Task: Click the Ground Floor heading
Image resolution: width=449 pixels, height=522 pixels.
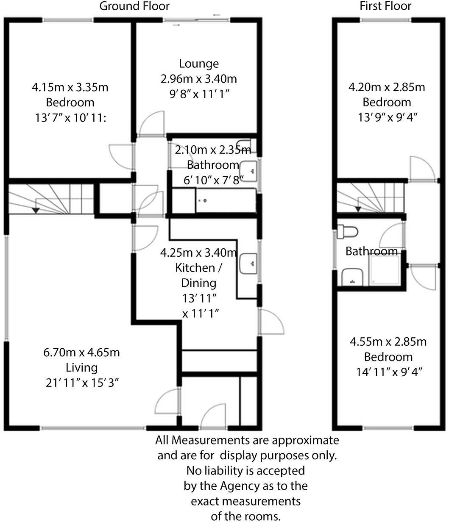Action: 134,6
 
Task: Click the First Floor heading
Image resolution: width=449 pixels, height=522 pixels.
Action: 385,6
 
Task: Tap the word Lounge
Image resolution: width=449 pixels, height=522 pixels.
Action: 199,64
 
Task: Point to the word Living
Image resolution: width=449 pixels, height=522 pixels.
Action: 81,367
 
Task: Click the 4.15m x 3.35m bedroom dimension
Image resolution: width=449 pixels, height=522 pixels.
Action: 70,88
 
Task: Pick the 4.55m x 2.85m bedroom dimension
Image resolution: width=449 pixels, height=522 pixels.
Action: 388,342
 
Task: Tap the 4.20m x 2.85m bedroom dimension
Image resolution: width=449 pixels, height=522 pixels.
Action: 386,87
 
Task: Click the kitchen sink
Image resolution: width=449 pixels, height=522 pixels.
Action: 248,264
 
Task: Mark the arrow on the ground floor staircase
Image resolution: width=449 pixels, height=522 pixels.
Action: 36,209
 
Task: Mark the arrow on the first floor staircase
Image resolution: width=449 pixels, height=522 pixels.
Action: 358,208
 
